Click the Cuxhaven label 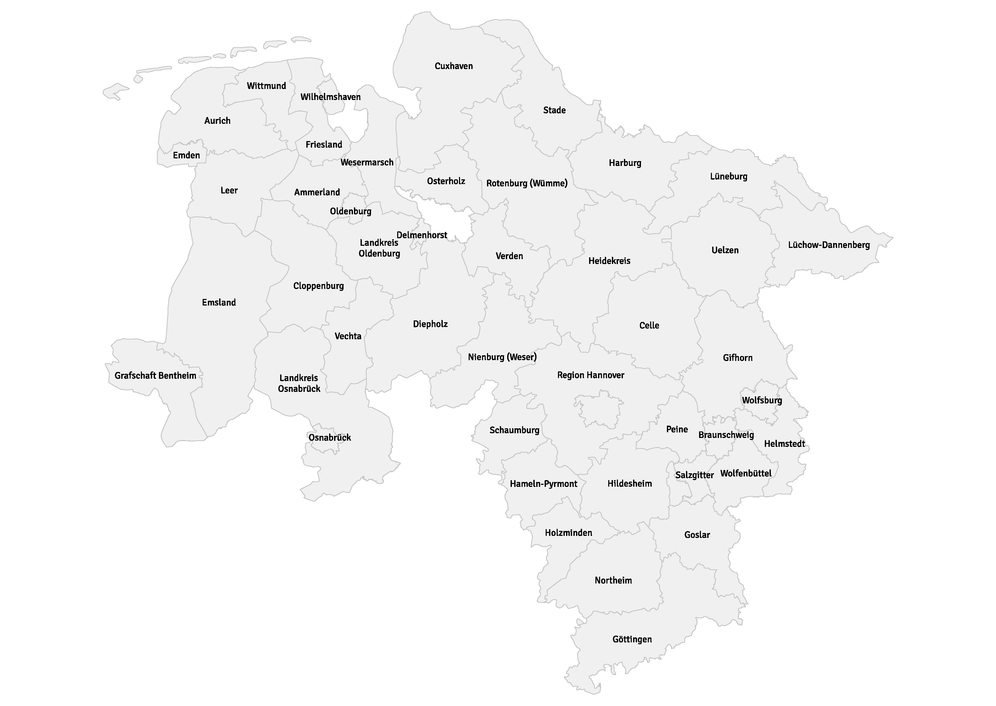pos(453,66)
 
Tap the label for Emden pos(186,155)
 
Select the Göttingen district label pos(632,640)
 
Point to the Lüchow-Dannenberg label pos(829,245)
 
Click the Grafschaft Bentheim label pos(155,376)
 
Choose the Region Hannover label pos(590,375)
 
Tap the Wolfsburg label pos(762,401)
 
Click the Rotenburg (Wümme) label pos(527,184)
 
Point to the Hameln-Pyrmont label pos(544,484)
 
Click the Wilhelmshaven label pos(330,97)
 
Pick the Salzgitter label pos(694,475)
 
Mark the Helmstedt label pos(784,444)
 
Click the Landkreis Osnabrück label pos(299,383)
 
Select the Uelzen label pos(725,251)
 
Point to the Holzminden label pos(568,533)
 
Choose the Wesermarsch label pos(367,163)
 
